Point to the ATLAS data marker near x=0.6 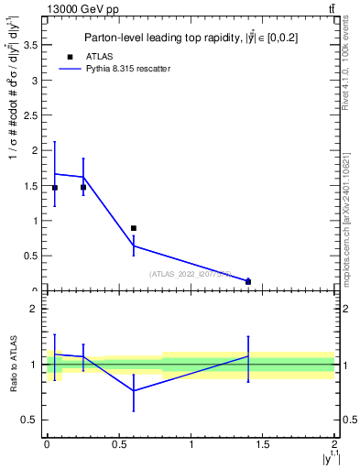(x=134, y=228)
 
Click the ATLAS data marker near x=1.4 (x=248, y=281)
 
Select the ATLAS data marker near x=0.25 (x=83, y=187)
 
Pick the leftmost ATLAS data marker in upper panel (x=55, y=187)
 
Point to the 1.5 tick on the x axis (x=263, y=444)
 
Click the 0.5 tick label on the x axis (x=118, y=444)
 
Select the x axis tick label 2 (x=334, y=444)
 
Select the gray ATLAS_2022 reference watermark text (x=190, y=273)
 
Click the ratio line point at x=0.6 (x=134, y=390)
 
